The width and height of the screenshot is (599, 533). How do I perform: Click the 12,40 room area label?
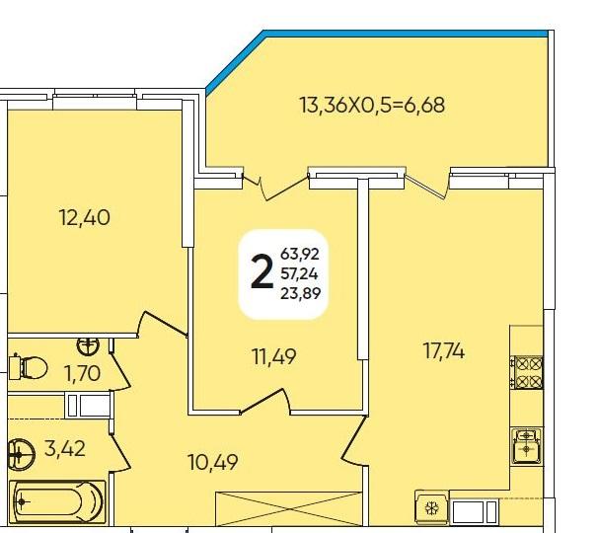pos(85,218)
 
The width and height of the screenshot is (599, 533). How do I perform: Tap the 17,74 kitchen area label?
pos(444,351)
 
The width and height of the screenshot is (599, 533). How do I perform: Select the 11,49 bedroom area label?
pos(274,357)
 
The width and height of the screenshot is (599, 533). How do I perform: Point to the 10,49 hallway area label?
pos(213,462)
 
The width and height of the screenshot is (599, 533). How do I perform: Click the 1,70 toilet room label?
pos(83,373)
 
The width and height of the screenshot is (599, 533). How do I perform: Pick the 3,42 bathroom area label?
pos(64,448)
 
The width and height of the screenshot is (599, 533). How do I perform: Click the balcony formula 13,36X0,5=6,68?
pos(372,105)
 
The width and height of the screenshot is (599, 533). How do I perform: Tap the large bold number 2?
pos(262,272)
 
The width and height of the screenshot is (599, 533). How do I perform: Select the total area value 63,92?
pos(300,254)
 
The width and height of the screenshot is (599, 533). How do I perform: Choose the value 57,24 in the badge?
pos(299,273)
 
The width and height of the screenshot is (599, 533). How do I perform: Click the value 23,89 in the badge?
pos(300,293)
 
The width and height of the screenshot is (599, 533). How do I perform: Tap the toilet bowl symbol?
pos(28,367)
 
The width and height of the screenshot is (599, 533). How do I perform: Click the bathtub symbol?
pos(57,501)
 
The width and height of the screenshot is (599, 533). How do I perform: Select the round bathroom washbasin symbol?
pos(21,455)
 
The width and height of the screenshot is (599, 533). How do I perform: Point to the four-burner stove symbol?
pos(527,372)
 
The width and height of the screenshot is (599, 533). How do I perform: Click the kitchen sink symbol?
pos(526,445)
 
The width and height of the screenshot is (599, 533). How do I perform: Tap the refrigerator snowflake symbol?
pos(432,508)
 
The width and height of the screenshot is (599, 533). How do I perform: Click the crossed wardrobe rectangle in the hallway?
pos(289,508)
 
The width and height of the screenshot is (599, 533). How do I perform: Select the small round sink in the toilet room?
pos(88,345)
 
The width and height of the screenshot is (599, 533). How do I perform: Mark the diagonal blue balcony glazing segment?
pos(235,62)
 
